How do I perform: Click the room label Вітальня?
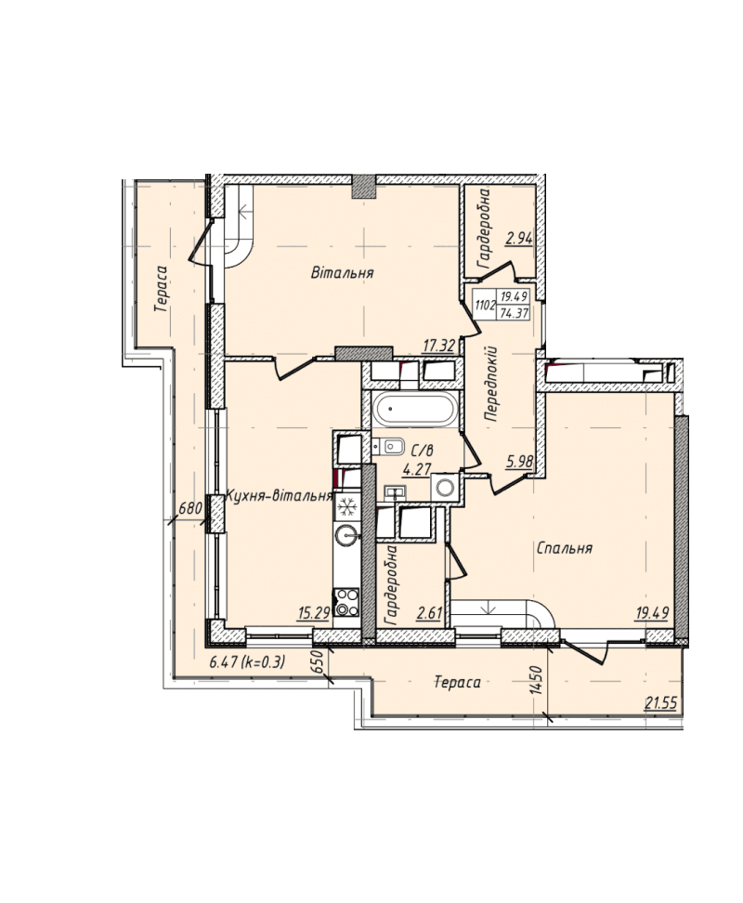pos(343,272)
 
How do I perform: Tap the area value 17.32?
pos(439,346)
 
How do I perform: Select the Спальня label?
pos(564,548)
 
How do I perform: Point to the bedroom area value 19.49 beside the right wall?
pos(651,613)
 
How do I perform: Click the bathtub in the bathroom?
pos(414,410)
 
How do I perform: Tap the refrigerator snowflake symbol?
pos(346,507)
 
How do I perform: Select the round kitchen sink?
pos(346,536)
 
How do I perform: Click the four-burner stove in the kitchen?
pos(346,602)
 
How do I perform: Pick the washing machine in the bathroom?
pos(444,487)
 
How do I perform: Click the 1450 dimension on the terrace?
pos(538,680)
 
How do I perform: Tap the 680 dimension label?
pos(190,508)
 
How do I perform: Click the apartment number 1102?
pos(484,305)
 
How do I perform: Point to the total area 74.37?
pos(514,313)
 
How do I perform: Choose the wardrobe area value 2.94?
pos(519,239)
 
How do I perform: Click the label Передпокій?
pos(491,384)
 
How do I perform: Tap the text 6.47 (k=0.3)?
pos(247,662)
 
